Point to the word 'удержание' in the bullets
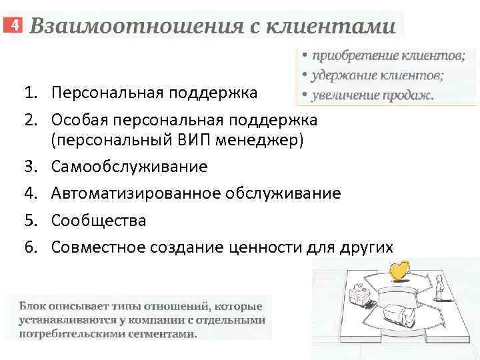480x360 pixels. tap(347, 75)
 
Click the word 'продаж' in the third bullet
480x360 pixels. tap(407, 95)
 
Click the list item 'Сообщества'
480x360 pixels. tap(99, 220)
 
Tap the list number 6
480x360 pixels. tap(29, 247)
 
